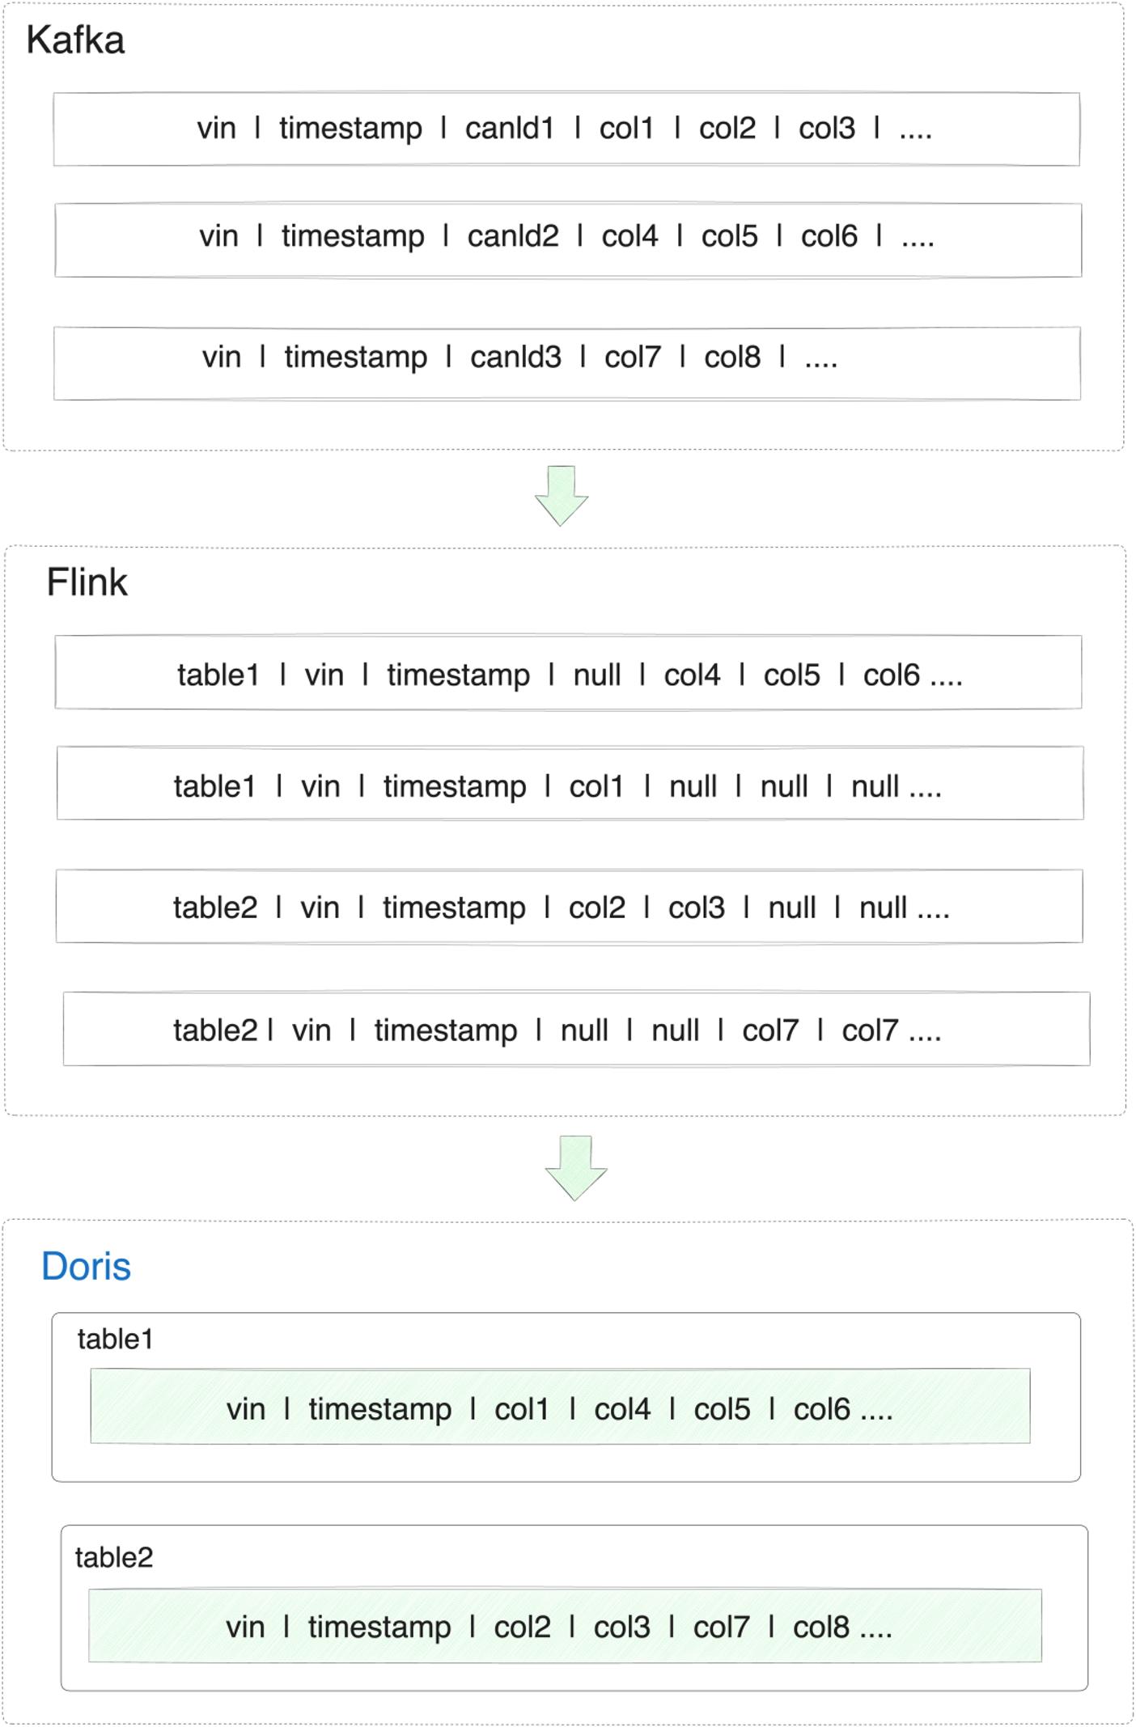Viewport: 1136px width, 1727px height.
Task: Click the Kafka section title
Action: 75,40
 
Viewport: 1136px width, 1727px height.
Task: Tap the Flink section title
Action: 87,582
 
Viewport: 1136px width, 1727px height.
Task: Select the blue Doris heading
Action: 86,1267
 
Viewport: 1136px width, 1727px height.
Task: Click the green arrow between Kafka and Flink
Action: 562,495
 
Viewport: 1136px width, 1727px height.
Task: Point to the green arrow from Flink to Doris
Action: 576,1167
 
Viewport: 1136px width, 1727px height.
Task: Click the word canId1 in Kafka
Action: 509,129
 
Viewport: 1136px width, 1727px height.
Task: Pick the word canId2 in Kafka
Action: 513,236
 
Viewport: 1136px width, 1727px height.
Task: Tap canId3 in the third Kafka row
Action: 515,357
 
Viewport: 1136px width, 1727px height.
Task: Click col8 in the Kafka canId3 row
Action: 732,357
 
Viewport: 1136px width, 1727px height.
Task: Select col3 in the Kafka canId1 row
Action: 827,129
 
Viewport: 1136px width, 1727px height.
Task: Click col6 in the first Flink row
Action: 892,675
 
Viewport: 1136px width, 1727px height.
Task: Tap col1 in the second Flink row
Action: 596,786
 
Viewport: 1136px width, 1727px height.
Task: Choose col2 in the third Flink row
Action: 597,908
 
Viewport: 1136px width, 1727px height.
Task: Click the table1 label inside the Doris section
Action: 115,1340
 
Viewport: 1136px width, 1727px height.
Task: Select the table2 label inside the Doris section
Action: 114,1558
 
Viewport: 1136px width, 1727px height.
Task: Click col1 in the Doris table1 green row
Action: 522,1410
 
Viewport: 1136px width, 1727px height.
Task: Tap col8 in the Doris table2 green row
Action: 821,1628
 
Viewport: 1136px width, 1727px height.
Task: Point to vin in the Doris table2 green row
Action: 245,1628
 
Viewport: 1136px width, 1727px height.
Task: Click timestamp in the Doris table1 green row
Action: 380,1410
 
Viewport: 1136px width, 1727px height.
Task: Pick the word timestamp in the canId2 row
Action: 353,236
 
